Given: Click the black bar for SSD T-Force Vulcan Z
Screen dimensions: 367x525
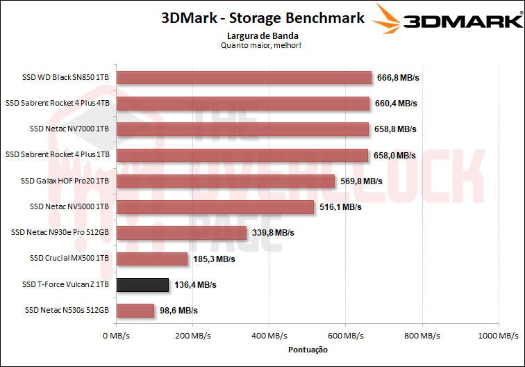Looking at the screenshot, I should [x=142, y=284].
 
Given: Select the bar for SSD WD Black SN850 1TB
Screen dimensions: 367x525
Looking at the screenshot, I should [x=244, y=77].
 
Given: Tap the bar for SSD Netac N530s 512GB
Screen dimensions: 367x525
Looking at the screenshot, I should [x=135, y=310].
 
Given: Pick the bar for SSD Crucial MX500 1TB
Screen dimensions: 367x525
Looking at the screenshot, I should [x=152, y=259].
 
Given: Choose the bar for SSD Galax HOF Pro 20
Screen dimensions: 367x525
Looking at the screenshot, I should [x=226, y=181].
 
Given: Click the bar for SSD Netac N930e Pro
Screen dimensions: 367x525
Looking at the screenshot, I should [x=181, y=233].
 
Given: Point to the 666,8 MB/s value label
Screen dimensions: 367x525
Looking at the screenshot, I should [x=398, y=77].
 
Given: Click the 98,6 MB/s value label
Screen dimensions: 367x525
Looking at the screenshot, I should [x=179, y=311].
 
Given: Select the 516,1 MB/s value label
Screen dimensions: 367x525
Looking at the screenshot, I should [x=340, y=207].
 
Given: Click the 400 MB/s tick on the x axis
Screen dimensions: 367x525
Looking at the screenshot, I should [x=268, y=336].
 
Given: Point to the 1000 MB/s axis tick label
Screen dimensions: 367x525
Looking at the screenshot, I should [x=497, y=336].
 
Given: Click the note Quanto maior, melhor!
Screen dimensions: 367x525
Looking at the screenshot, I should [x=262, y=45].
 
